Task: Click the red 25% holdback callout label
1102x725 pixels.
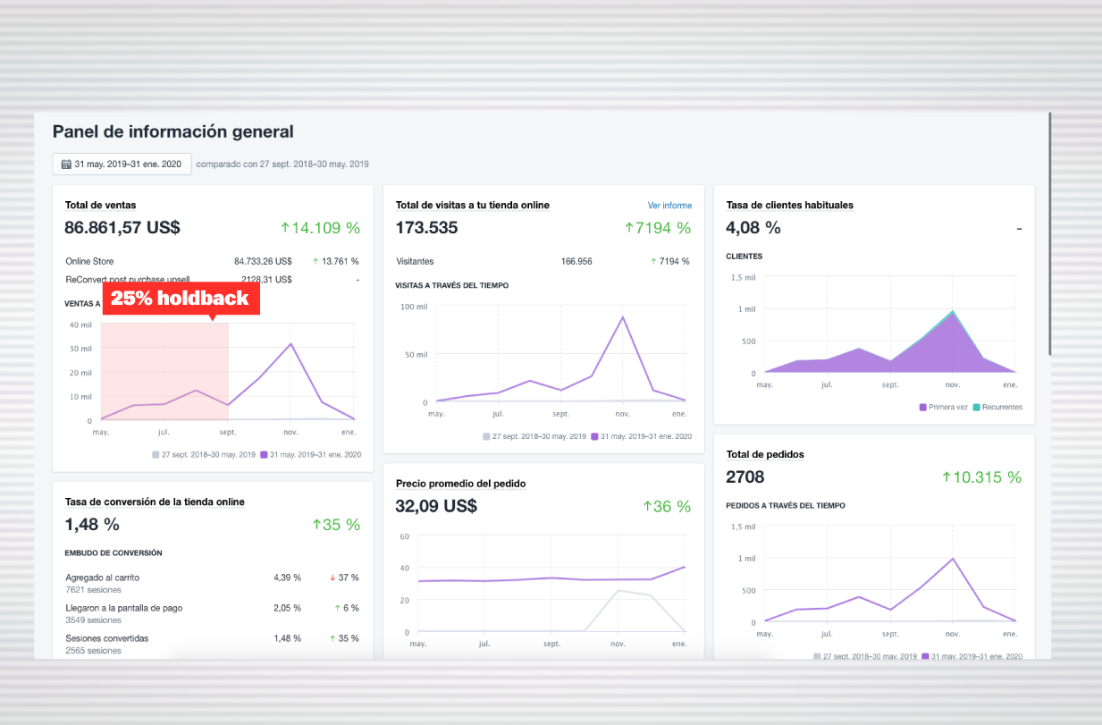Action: (181, 299)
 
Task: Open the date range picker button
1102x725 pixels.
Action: (122, 164)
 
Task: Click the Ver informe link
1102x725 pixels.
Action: (669, 206)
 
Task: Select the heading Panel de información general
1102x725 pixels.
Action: (172, 131)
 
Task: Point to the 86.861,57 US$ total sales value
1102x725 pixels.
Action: (122, 228)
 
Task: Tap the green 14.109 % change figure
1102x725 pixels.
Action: (320, 228)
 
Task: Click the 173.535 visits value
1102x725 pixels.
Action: (426, 228)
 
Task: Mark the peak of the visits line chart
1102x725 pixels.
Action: (622, 316)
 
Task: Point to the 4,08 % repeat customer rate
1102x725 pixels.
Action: (753, 228)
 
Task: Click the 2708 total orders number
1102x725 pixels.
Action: (745, 477)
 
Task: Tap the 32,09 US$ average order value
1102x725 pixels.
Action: (436, 506)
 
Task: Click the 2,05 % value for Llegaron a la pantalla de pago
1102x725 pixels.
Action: (287, 608)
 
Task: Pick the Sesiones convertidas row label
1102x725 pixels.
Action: (106, 638)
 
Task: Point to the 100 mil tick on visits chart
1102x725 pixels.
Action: (414, 307)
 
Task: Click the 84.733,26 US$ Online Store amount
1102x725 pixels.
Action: (263, 262)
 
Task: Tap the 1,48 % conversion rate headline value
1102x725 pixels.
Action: (92, 525)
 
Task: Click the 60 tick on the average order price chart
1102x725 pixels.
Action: (404, 536)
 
